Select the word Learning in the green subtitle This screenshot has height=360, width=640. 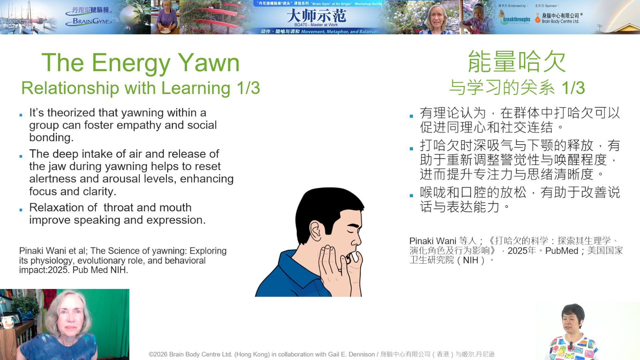point(196,88)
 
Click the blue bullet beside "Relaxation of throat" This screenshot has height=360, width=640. point(21,210)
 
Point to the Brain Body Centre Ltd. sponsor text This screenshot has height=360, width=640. point(560,21)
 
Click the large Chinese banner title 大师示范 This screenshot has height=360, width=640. point(316,15)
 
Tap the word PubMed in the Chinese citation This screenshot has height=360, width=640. point(562,251)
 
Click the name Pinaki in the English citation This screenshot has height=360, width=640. point(31,251)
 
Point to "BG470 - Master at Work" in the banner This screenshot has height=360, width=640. point(316,25)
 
